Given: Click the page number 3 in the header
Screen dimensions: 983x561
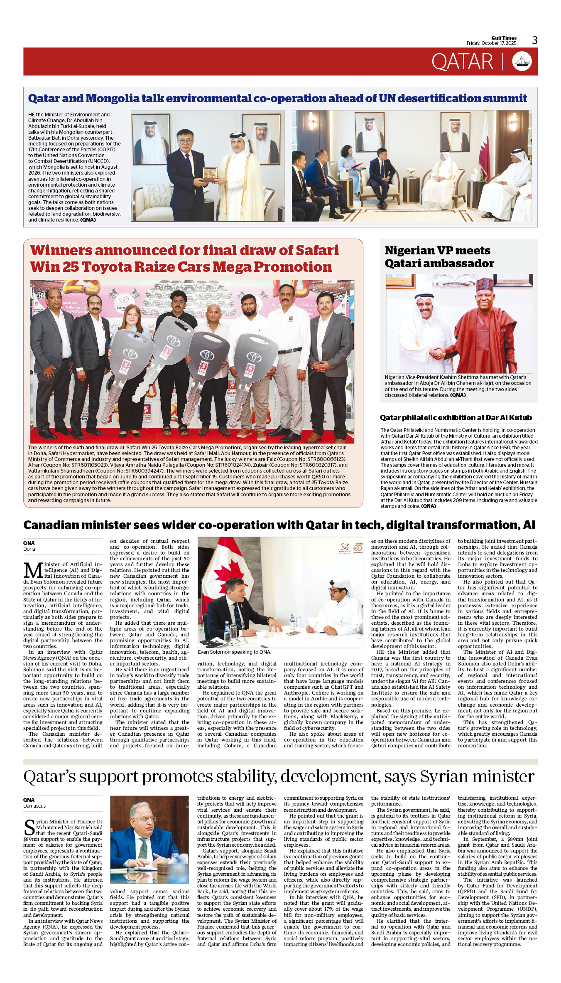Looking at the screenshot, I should [x=534, y=40].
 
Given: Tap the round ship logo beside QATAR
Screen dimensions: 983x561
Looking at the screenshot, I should [x=522, y=61].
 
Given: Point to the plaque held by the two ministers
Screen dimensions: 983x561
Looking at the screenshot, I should [x=210, y=173].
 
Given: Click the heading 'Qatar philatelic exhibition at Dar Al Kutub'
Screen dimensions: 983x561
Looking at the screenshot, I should [x=456, y=418].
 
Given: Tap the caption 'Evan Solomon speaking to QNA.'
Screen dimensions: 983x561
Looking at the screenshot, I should [x=234, y=652].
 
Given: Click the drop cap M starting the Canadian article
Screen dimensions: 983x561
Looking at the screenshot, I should [x=33, y=570].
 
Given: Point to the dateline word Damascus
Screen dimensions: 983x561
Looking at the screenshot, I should [x=34, y=806].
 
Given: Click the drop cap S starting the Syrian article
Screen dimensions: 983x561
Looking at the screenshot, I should [x=29, y=827].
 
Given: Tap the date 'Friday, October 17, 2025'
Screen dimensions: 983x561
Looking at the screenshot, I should [x=491, y=43].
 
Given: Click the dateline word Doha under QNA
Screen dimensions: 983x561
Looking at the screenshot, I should [x=29, y=549].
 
